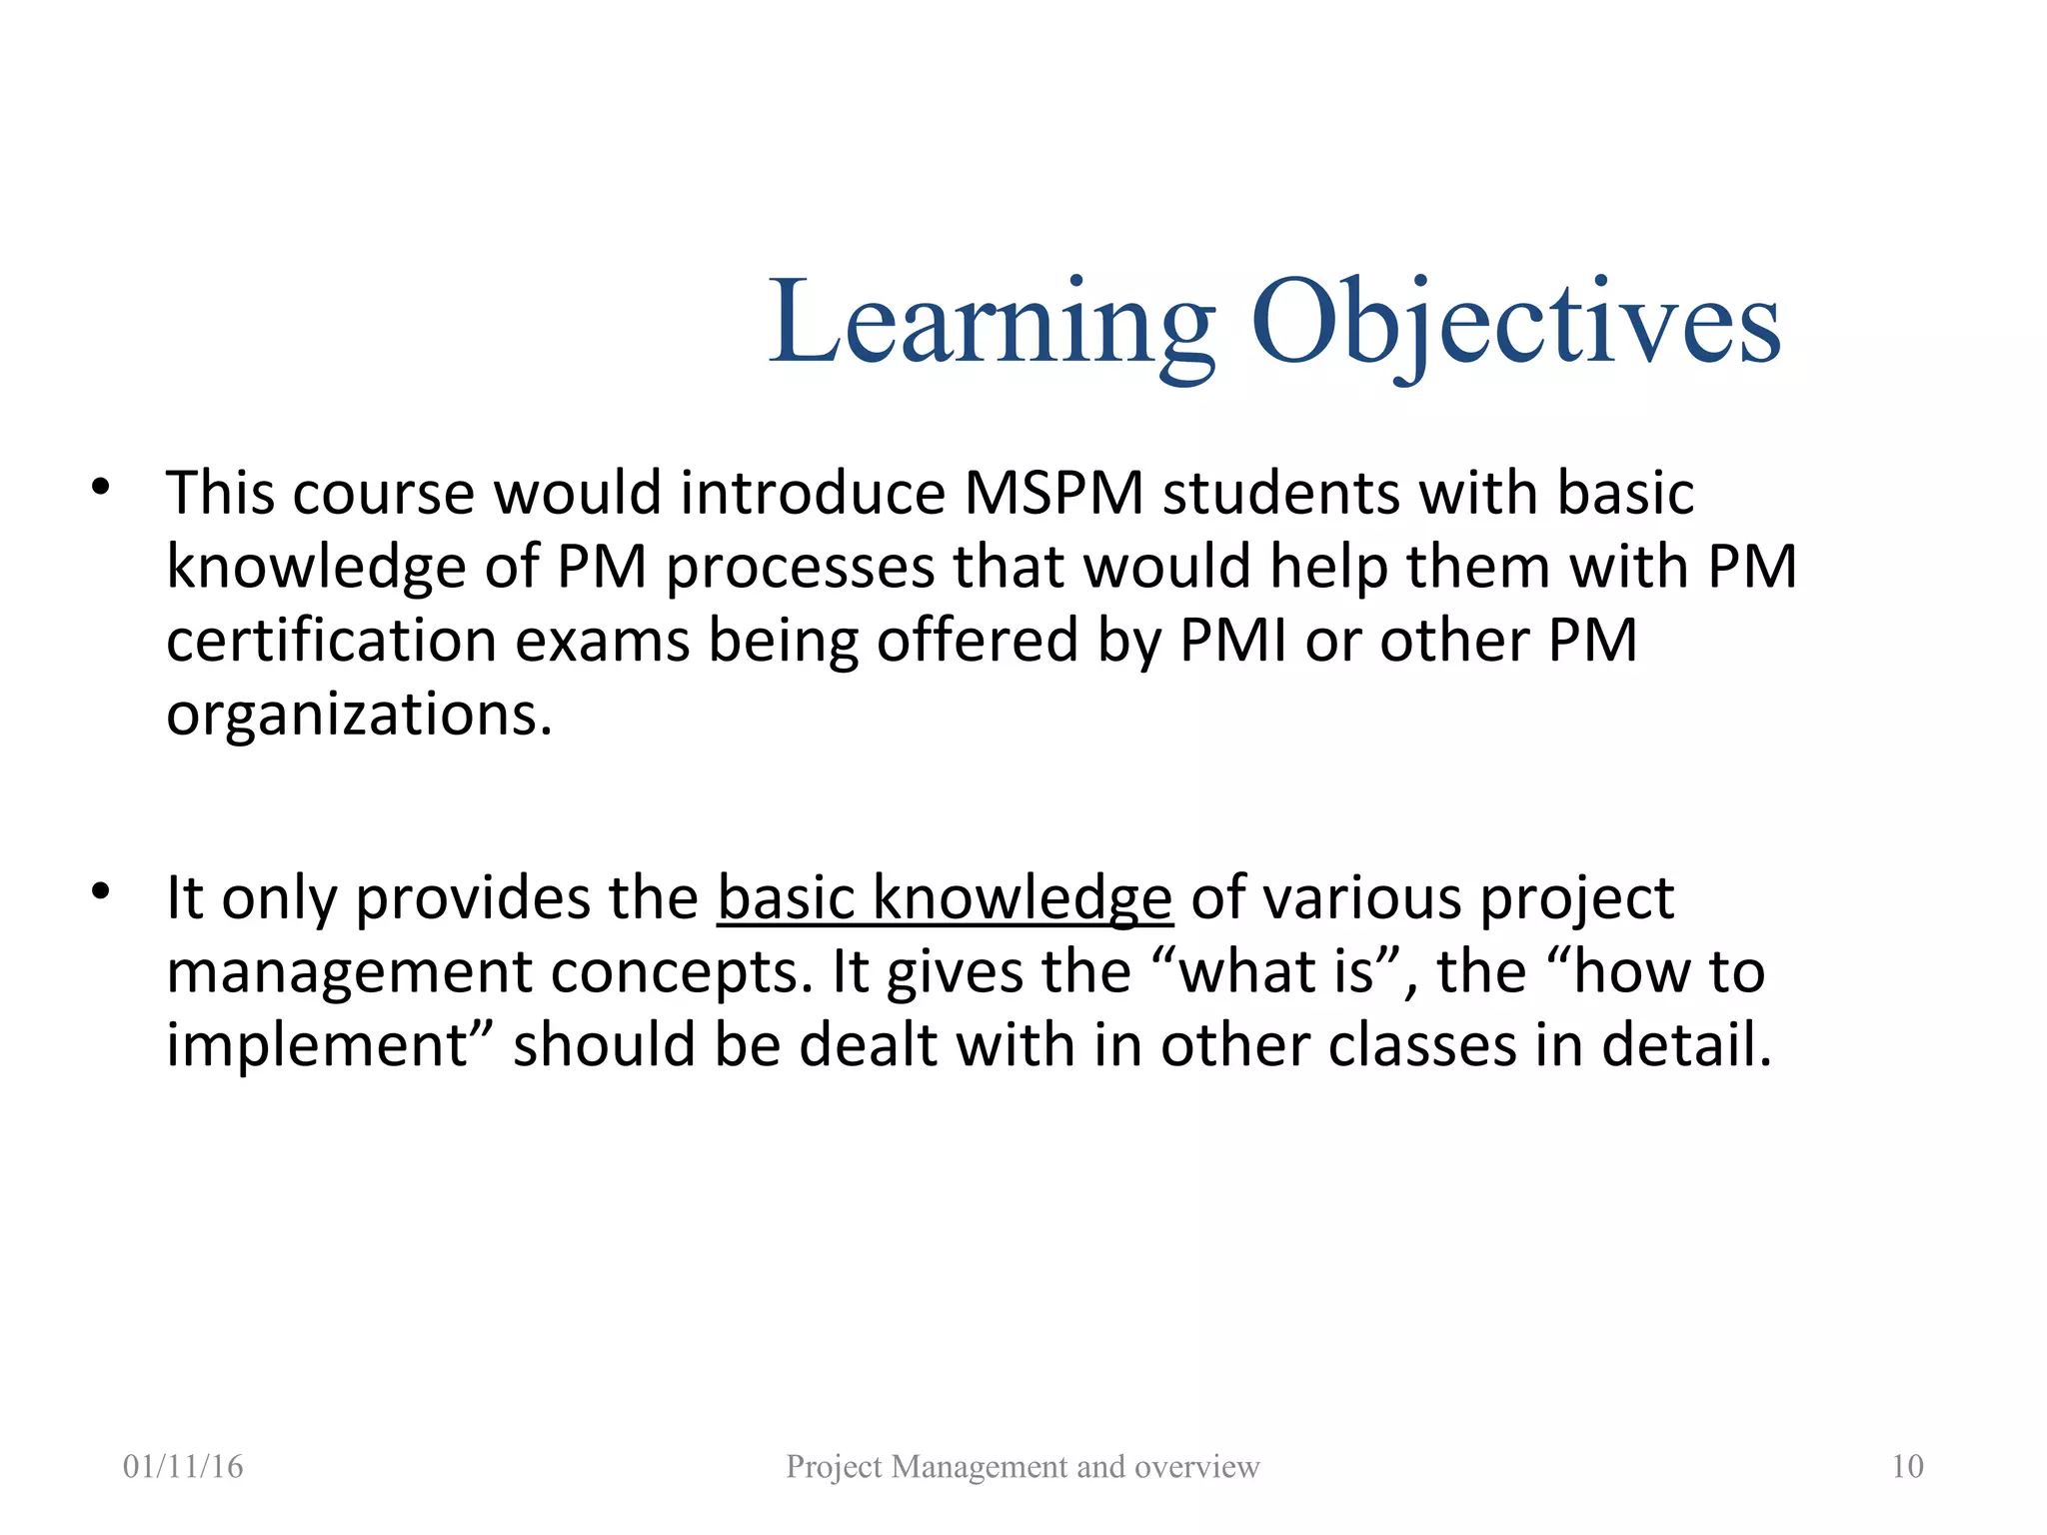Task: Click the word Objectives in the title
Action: (x=1515, y=322)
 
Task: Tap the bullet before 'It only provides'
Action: (x=100, y=891)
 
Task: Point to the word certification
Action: (x=331, y=640)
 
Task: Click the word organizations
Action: (x=358, y=715)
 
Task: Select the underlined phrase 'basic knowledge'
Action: (x=945, y=897)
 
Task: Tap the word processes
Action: (x=799, y=568)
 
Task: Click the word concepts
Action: (x=681, y=972)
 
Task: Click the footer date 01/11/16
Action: (x=183, y=1466)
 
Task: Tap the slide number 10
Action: (x=1907, y=1466)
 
